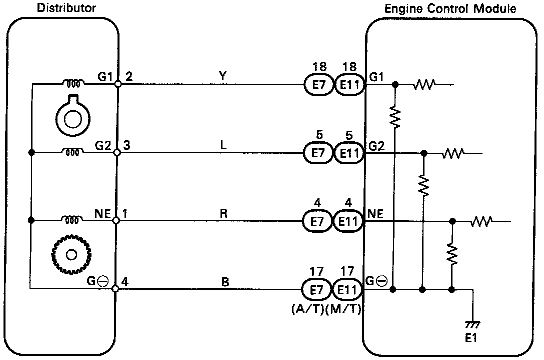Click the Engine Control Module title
tap(450, 8)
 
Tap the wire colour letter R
tap(224, 212)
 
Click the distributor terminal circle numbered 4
tap(116, 289)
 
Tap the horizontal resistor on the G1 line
tap(424, 84)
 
